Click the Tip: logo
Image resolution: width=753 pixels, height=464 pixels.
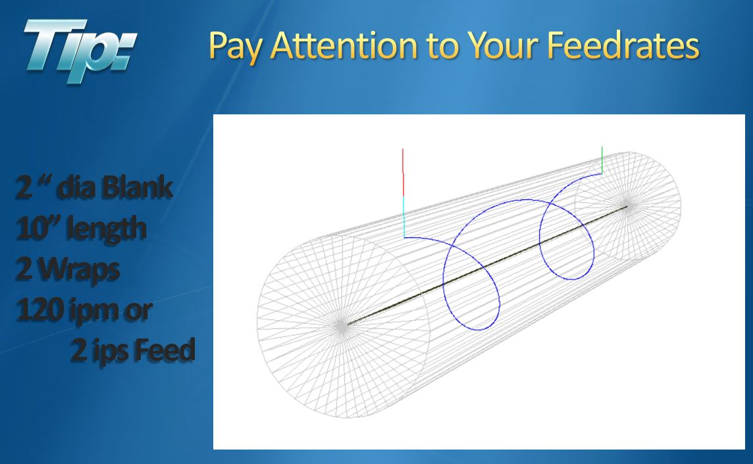tap(80, 50)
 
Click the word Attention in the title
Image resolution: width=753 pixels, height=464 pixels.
tap(344, 45)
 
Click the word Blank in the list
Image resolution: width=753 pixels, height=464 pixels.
tap(138, 187)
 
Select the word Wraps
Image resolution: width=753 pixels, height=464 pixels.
tap(79, 269)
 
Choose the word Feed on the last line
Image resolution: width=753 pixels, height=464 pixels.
tap(165, 350)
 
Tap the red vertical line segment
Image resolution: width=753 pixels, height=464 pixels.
tap(403, 173)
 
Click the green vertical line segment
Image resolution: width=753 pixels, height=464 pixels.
tap(602, 160)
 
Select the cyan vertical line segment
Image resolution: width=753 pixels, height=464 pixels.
tap(404, 217)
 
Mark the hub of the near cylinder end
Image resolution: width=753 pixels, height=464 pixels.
tap(342, 325)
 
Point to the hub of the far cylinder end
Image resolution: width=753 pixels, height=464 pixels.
tap(627, 206)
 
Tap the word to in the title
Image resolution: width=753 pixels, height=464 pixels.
tap(442, 47)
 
